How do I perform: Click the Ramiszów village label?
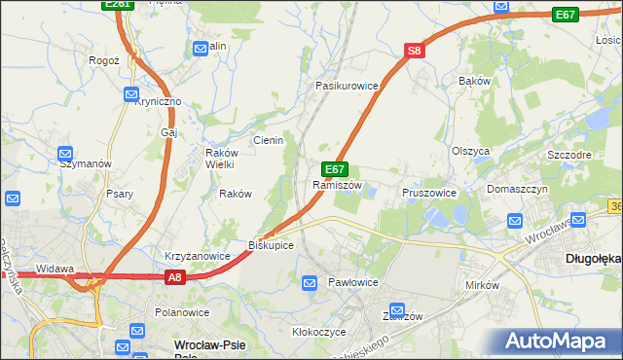pyautogui.click(x=337, y=185)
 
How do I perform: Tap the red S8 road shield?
pyautogui.click(x=415, y=51)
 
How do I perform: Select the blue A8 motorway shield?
pyautogui.click(x=174, y=277)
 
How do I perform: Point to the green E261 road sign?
pyautogui.click(x=117, y=5)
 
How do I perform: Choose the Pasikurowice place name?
pyautogui.click(x=346, y=86)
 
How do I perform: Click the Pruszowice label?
pyautogui.click(x=429, y=193)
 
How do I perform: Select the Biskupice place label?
pyautogui.click(x=271, y=244)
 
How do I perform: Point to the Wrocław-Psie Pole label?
pyautogui.click(x=208, y=347)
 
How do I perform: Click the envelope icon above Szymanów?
pyautogui.click(x=65, y=153)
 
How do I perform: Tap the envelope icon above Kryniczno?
pyautogui.click(x=132, y=94)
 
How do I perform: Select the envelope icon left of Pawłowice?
pyautogui.click(x=310, y=283)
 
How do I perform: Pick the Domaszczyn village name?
pyautogui.click(x=518, y=188)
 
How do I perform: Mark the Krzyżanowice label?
pyautogui.click(x=197, y=256)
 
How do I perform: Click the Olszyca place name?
pyautogui.click(x=470, y=151)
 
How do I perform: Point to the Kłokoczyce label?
pyautogui.click(x=318, y=331)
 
